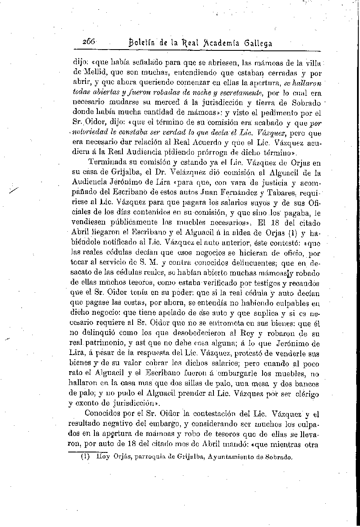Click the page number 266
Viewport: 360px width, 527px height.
90,42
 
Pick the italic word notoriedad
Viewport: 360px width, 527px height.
91,133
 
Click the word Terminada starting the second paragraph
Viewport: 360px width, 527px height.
107,162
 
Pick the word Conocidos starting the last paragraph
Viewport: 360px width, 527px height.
103,414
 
